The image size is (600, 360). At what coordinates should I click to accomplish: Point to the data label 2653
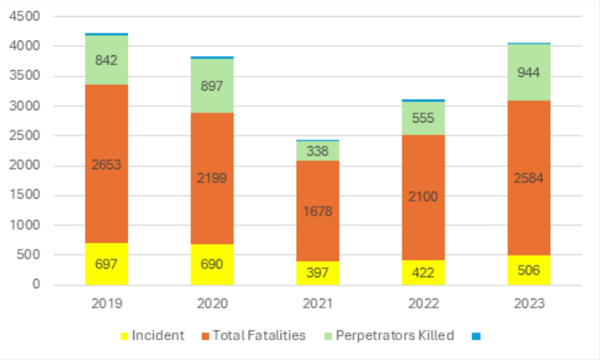pos(107,165)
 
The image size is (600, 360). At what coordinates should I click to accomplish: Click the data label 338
pos(318,151)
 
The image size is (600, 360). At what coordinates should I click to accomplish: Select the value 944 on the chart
pos(529,72)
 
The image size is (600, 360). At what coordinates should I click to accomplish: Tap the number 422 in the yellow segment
pos(423,272)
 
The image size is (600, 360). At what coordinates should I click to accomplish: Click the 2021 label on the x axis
pos(318,304)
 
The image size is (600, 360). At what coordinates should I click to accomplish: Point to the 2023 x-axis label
pos(529,304)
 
